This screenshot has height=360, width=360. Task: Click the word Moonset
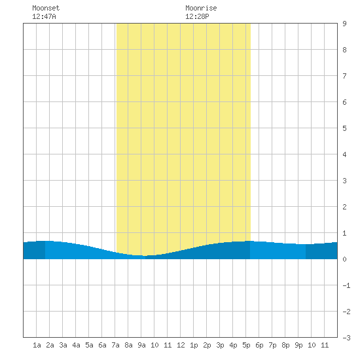(x=46, y=8)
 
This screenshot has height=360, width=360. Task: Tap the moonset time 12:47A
(x=44, y=16)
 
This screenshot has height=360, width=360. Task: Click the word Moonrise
(x=201, y=8)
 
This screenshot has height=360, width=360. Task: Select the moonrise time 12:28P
(x=197, y=16)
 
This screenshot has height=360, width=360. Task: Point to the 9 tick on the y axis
(x=344, y=24)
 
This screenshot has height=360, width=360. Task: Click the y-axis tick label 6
(x=344, y=102)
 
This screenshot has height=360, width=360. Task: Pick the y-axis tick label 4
(x=344, y=154)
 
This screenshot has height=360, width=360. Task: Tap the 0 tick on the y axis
(x=344, y=259)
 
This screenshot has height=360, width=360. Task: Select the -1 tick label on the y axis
(x=346, y=285)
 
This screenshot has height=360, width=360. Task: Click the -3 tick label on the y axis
(x=346, y=338)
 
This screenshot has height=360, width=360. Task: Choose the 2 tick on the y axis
(x=344, y=207)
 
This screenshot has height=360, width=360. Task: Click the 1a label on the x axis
(x=37, y=345)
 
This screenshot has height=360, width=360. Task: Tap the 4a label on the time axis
(x=76, y=345)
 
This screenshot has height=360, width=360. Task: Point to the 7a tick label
(x=115, y=345)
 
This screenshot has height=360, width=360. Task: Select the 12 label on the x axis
(x=181, y=345)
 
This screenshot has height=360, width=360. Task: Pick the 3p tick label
(x=220, y=345)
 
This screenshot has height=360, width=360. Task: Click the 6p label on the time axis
(x=259, y=345)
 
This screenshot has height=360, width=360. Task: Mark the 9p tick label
(x=298, y=345)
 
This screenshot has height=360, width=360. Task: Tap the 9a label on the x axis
(x=141, y=345)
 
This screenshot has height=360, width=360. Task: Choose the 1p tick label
(x=194, y=345)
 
